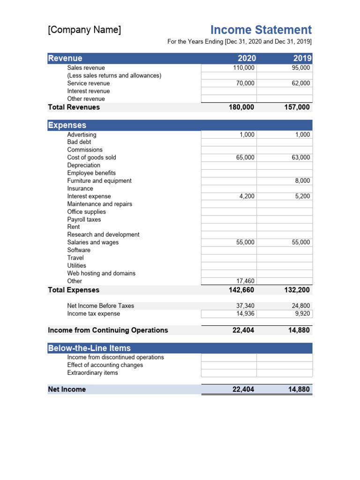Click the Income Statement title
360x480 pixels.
261,30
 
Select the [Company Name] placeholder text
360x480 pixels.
84,30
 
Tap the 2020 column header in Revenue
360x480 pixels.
247,58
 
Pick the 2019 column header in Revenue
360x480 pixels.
302,58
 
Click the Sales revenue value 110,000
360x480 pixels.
244,68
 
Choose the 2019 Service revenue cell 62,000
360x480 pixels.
300,83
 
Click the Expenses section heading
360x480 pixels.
67,125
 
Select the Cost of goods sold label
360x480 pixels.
91,157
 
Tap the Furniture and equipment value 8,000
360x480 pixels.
302,181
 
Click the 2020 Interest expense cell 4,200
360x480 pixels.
247,196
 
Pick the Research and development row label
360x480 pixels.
103,234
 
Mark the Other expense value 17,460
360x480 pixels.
245,281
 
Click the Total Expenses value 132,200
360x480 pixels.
297,290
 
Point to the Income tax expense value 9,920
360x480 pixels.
302,314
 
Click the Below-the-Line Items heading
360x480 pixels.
89,348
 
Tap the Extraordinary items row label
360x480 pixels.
92,373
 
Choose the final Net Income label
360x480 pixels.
67,390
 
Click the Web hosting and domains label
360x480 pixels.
101,273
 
